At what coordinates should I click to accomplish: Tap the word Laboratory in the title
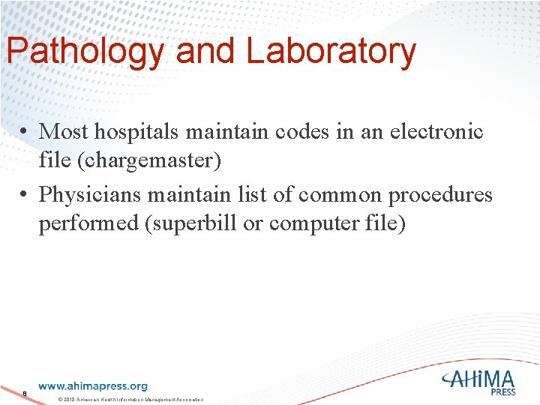tap(331, 52)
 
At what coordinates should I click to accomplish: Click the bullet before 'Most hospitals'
tap(25, 132)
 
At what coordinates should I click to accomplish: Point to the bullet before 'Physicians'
tap(25, 196)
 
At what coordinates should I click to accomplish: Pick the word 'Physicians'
tap(90, 196)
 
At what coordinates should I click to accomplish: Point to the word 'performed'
tap(87, 224)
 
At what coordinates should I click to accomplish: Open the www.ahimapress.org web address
tap(92, 386)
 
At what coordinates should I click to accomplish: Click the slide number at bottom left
tap(25, 392)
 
